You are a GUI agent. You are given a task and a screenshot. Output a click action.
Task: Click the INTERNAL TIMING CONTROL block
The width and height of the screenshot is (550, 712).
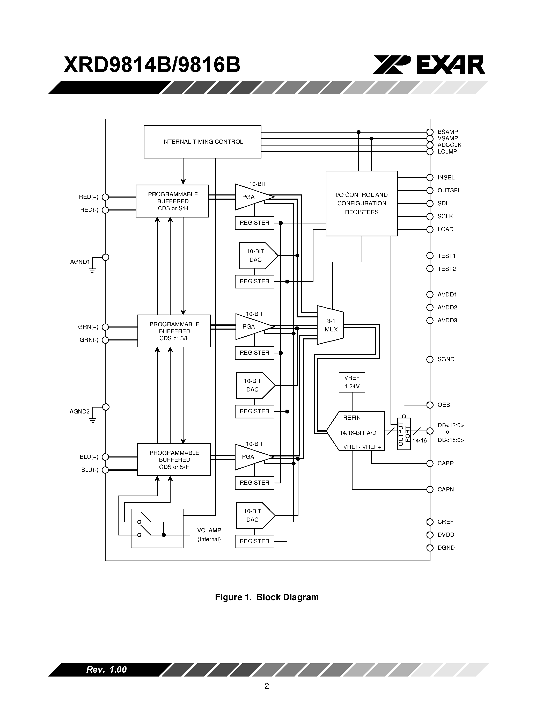click(x=202, y=142)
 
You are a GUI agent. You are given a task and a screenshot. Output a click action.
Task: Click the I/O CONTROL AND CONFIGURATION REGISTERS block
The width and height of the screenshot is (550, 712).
click(x=361, y=204)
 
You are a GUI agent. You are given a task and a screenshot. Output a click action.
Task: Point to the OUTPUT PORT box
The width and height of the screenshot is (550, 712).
click(x=404, y=434)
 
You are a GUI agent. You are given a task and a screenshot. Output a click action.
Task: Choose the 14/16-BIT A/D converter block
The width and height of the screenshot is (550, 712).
click(x=357, y=433)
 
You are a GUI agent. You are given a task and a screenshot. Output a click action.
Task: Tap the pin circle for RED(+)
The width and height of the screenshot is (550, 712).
click(x=105, y=197)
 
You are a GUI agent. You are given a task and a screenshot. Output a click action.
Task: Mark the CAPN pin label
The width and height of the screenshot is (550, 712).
click(x=445, y=489)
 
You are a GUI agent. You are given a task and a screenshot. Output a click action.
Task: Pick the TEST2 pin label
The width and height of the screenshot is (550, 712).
click(x=446, y=269)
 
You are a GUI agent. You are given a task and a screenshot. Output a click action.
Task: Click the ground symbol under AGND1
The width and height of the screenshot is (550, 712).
click(x=93, y=270)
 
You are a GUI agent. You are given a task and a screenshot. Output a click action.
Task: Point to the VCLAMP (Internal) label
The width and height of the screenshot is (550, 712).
click(x=209, y=535)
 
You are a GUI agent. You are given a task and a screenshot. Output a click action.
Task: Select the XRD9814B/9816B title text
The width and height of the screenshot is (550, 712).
click(x=152, y=65)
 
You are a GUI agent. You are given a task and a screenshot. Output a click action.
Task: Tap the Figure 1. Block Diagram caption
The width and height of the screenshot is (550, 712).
click(x=267, y=597)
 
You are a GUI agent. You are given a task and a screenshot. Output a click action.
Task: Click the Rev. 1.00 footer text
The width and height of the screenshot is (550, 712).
click(x=106, y=670)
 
